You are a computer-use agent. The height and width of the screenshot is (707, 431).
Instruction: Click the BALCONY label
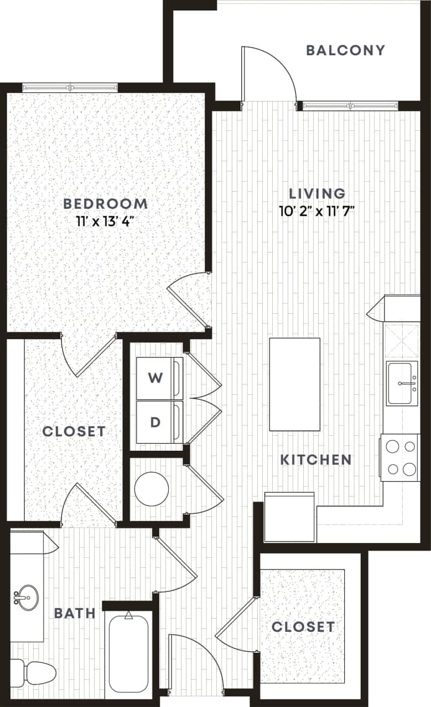pos(345,50)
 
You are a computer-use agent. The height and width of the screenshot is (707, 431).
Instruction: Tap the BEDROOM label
pos(105,203)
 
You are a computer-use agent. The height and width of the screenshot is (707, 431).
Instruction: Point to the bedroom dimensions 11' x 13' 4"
pos(105,221)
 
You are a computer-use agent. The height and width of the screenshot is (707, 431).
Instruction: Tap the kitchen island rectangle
pos(294,384)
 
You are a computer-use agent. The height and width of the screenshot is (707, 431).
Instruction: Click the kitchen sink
pos(402,383)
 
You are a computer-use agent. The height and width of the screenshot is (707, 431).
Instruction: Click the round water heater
pos(152,489)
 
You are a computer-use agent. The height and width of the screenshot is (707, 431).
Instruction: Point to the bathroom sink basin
pos(25,596)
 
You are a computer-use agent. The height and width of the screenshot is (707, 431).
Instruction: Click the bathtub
pos(128,652)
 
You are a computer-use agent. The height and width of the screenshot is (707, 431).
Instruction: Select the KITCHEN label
pos(315,460)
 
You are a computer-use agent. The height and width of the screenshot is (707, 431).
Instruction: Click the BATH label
pos(75,613)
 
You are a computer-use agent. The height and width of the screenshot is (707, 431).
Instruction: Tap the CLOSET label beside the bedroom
pos(74,431)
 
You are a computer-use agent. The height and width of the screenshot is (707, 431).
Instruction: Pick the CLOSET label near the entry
pos(303,626)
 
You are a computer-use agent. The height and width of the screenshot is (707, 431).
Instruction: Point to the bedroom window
pos(70,87)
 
